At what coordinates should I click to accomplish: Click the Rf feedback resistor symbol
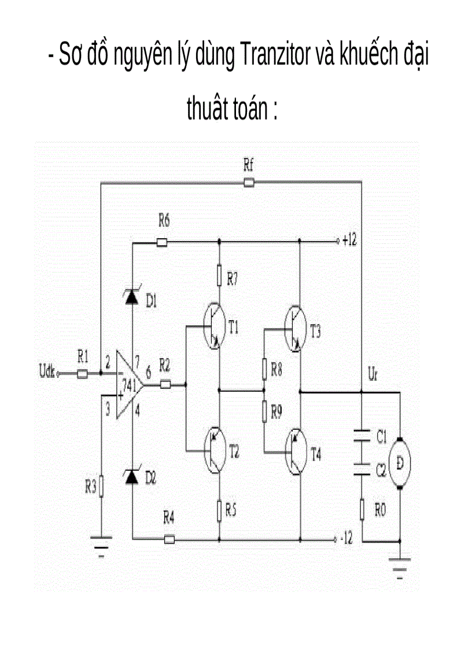[x=249, y=183]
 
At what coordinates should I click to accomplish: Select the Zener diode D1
[x=132, y=297]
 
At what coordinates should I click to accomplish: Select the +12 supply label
[x=349, y=241]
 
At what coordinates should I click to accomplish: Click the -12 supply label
[x=346, y=539]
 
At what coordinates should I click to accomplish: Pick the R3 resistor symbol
[x=102, y=486]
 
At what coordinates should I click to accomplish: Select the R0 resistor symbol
[x=362, y=510]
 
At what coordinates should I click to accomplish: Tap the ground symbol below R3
[x=102, y=544]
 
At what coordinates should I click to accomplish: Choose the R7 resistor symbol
[x=219, y=276]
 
